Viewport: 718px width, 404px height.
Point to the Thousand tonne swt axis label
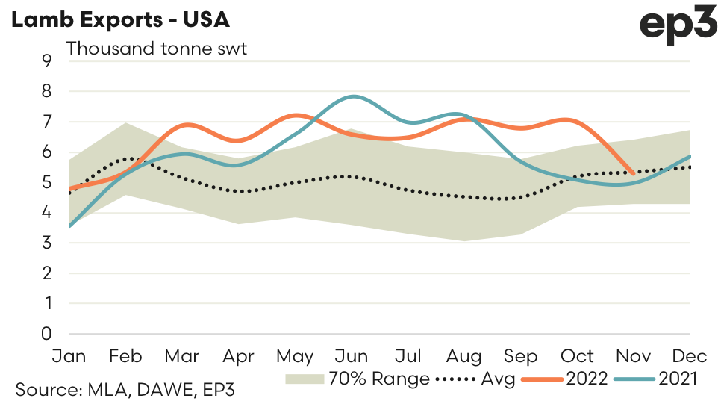pyautogui.click(x=157, y=49)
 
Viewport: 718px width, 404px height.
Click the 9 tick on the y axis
pyautogui.click(x=47, y=61)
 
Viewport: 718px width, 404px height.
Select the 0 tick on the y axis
pyautogui.click(x=47, y=334)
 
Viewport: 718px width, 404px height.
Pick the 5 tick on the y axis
pyautogui.click(x=47, y=182)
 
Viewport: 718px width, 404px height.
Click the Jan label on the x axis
pyautogui.click(x=69, y=355)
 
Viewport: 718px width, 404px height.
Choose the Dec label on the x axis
pyautogui.click(x=690, y=355)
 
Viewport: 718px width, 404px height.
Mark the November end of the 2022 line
pyautogui.click(x=634, y=173)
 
